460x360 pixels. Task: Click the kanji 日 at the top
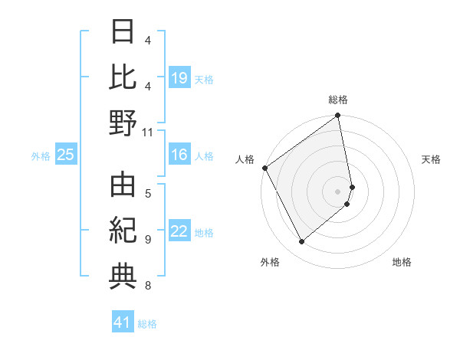[123, 32]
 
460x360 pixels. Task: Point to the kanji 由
[123, 185]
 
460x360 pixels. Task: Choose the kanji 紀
[123, 231]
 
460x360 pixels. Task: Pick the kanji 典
[123, 277]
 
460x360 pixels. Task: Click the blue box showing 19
[179, 77]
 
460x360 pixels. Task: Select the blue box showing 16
[179, 155]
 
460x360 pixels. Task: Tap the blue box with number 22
[179, 232]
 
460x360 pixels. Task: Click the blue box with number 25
[65, 155]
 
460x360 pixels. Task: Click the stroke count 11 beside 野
[147, 132]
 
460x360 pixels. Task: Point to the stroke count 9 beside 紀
[147, 240]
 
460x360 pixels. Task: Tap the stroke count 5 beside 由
[147, 193]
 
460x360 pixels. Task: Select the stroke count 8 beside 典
[147, 286]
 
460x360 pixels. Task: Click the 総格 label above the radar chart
[338, 100]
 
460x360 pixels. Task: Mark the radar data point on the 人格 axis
[265, 168]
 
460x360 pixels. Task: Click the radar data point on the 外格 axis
[301, 242]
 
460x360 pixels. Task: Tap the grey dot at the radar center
[338, 191]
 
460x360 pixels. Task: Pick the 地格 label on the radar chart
[402, 262]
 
